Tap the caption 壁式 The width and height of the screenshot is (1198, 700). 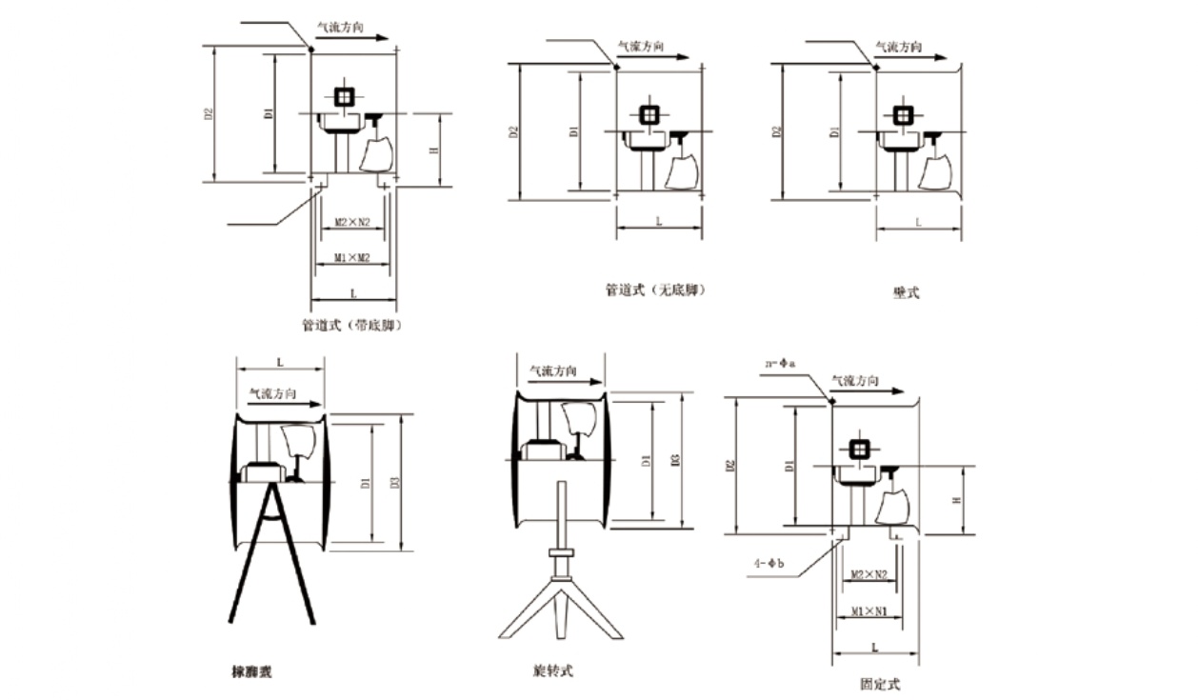point(906,293)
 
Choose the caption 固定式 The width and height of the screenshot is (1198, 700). point(878,684)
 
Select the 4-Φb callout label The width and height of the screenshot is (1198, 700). point(768,563)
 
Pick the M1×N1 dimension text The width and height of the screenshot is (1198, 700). point(869,610)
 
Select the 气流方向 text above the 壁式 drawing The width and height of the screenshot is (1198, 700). point(898,46)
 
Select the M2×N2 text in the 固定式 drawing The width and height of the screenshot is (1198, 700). point(868,574)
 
